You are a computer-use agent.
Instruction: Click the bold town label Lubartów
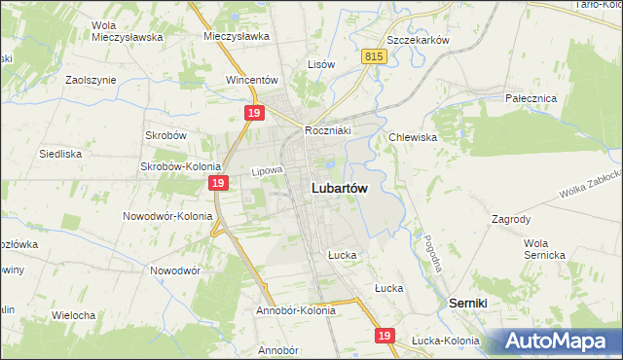point(339,190)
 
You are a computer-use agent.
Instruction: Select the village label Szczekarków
point(417,40)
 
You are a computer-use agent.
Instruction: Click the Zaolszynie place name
point(91,80)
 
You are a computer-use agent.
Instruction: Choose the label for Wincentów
point(252,80)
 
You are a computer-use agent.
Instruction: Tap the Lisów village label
point(321,64)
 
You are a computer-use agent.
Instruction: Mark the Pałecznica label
point(530,99)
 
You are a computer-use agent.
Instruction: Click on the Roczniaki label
point(327,129)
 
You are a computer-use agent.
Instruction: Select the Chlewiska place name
point(413,137)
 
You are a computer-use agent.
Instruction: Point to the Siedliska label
point(59,154)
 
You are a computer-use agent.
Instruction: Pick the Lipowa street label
point(266,171)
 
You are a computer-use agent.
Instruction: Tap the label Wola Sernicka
point(544,248)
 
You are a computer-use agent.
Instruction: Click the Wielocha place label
point(73,315)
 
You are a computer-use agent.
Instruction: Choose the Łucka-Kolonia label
point(445,341)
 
